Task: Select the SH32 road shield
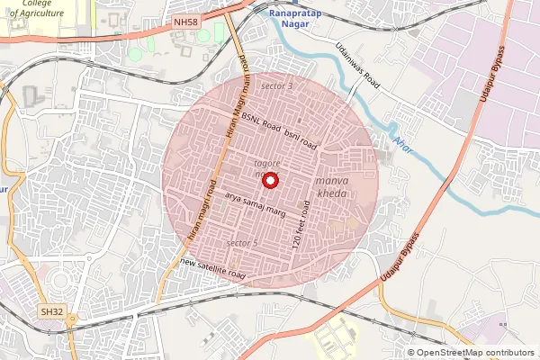51,310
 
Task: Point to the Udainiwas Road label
358,64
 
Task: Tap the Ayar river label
401,146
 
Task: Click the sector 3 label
276,85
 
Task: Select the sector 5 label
242,243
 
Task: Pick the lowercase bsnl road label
301,139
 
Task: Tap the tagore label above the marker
269,163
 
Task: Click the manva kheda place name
331,187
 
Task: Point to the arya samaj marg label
256,201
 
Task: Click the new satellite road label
212,266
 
